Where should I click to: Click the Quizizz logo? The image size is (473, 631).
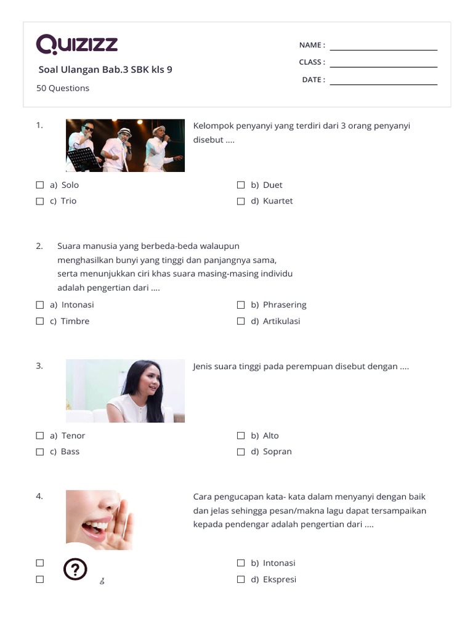tap(77, 45)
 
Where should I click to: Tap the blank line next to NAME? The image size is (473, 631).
tap(383, 49)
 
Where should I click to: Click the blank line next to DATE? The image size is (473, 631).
tap(383, 83)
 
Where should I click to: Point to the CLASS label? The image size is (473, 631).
tap(312, 62)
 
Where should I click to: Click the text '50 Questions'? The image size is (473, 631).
tap(63, 88)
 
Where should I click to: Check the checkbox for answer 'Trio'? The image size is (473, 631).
tap(40, 201)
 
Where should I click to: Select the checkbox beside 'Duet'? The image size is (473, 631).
tap(241, 185)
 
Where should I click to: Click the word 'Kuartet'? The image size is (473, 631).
tap(278, 201)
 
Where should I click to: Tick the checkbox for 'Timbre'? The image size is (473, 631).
tap(40, 321)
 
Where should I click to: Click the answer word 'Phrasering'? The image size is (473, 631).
tap(284, 305)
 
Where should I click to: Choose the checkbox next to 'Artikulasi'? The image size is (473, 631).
tap(241, 321)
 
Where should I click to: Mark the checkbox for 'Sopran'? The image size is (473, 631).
tap(241, 452)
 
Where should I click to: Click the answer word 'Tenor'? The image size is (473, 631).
tap(73, 436)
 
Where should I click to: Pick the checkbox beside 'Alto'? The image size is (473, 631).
tap(241, 436)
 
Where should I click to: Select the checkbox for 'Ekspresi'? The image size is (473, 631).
tap(241, 579)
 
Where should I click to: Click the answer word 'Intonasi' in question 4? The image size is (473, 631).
tap(279, 563)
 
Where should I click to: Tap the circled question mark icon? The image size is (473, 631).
tap(75, 570)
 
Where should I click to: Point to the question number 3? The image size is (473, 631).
tap(39, 365)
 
